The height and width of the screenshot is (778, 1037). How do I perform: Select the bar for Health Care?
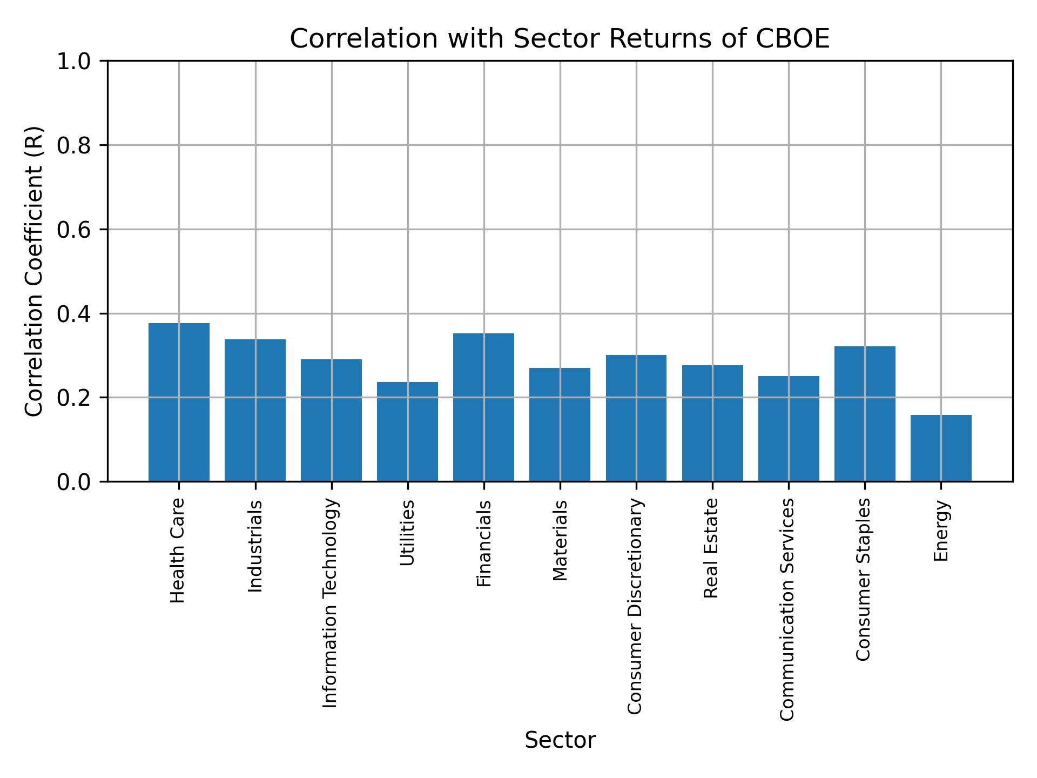[179, 402]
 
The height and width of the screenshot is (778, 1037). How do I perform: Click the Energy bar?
[941, 448]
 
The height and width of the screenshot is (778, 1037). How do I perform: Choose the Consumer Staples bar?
[865, 413]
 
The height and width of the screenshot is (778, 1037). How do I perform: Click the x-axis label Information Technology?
[331, 603]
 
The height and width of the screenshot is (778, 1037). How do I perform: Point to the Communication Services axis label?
[787, 609]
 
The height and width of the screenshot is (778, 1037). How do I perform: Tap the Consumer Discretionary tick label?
[636, 606]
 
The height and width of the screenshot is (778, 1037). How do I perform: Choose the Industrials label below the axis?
[255, 546]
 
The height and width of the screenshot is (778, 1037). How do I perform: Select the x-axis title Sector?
[560, 740]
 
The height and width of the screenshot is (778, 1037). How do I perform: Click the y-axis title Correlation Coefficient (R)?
[34, 271]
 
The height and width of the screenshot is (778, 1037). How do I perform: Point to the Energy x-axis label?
[941, 531]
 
